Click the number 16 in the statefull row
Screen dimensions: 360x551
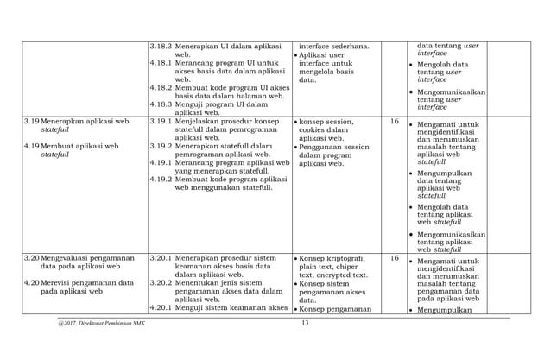(394, 122)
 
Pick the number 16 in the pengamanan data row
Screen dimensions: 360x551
(394, 258)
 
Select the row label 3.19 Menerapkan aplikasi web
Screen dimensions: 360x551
(77, 122)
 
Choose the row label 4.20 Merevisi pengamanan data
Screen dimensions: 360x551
(79, 283)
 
